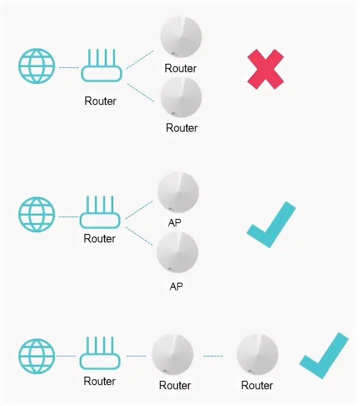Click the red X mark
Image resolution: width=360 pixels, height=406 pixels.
pos(265,69)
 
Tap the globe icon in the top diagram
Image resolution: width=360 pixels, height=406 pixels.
pos(37,66)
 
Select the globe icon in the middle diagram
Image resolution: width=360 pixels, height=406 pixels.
pos(37,215)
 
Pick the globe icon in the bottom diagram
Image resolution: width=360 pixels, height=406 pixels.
pos(37,356)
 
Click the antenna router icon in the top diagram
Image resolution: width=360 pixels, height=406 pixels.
pos(101,67)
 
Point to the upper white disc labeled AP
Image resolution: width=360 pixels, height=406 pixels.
pos(178,193)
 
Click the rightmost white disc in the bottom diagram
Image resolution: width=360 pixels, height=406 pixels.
pos(258,356)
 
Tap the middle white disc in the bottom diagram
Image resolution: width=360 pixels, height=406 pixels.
pos(173,356)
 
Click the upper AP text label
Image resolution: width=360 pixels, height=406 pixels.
pos(175,223)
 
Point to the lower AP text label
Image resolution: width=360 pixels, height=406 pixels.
pos(176,286)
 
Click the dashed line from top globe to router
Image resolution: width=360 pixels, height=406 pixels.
pos(68,67)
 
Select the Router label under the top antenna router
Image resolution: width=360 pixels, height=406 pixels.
pos(100,101)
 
